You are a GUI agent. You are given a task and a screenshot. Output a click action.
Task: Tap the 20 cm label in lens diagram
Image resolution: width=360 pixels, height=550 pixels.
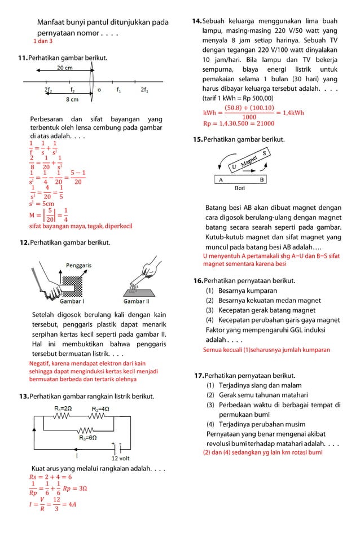[x=64, y=68]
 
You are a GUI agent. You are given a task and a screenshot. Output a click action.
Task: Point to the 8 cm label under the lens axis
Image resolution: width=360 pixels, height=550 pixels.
[x=72, y=99]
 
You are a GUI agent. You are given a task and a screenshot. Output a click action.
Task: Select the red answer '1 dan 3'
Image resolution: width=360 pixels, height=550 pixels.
[x=43, y=42]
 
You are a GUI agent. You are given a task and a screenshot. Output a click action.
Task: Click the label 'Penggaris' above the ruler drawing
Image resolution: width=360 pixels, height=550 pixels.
[x=79, y=265]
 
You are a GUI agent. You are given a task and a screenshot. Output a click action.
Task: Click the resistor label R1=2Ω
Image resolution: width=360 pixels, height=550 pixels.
[x=63, y=407]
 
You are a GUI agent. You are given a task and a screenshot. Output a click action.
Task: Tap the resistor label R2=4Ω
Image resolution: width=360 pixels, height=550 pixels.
[x=100, y=407]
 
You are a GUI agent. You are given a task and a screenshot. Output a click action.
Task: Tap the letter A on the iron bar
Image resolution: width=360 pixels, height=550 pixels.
[x=221, y=179]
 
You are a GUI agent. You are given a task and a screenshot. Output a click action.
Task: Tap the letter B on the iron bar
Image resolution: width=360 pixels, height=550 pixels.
[x=261, y=179]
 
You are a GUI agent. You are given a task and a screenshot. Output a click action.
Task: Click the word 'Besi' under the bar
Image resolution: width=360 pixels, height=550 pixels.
[x=240, y=188]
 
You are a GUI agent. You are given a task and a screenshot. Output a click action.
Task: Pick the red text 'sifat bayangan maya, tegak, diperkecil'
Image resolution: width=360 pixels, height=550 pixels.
[x=80, y=226]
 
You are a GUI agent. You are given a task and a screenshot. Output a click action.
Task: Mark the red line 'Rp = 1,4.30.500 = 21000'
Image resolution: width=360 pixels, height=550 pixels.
[x=238, y=124]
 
